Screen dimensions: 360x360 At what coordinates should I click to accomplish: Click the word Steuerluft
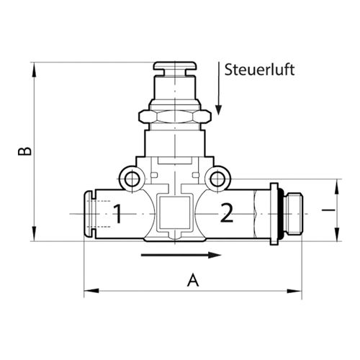tap(259, 70)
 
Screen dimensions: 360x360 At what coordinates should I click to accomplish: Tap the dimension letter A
tap(193, 280)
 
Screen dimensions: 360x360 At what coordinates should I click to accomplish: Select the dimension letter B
tap(24, 151)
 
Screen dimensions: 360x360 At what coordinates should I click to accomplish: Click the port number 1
tap(118, 214)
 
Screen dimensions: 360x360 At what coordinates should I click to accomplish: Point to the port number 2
tap(227, 212)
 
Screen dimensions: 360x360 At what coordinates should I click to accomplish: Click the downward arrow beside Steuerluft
tap(218, 89)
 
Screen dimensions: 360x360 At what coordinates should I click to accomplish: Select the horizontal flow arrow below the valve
tap(181, 255)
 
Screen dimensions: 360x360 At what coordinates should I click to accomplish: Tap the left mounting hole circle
tap(132, 179)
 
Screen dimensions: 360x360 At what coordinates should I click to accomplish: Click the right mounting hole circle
tap(217, 179)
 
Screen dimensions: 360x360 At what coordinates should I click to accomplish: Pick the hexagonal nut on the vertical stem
tap(175, 117)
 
